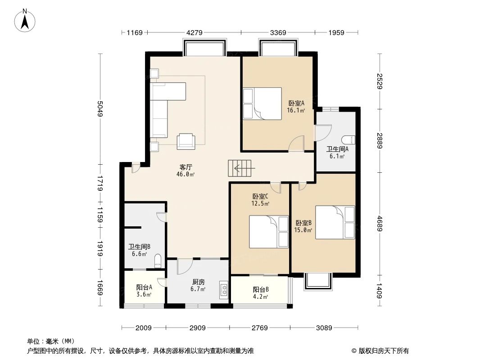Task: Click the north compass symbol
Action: (26, 20)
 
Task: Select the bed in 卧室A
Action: (262, 103)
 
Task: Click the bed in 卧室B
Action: (335, 222)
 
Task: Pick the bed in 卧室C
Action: (269, 232)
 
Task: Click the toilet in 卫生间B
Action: (157, 261)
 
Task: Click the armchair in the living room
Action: (186, 141)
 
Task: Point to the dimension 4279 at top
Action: (195, 32)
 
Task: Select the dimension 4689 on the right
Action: (379, 224)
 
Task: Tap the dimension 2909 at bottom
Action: (198, 328)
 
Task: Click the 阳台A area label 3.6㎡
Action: (144, 295)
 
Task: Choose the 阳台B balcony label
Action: (261, 289)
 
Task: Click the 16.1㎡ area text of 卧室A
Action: (296, 110)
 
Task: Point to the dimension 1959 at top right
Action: (336, 32)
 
